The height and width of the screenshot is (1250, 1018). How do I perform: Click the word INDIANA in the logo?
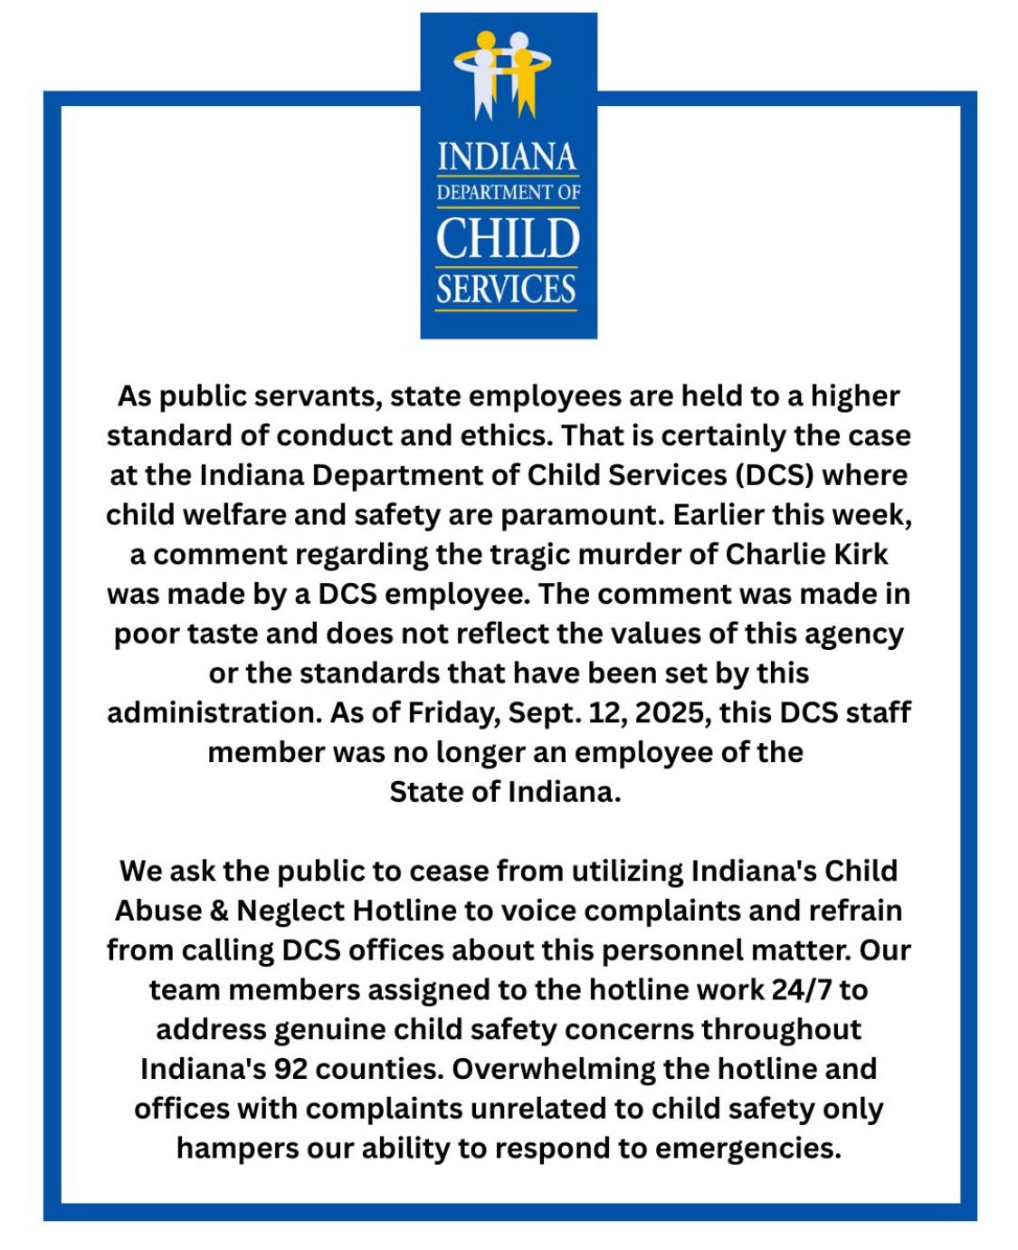(507, 157)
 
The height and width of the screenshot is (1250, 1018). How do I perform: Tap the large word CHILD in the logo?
(507, 238)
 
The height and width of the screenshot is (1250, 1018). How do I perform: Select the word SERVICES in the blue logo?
(506, 289)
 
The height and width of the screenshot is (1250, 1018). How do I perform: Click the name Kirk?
(854, 554)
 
